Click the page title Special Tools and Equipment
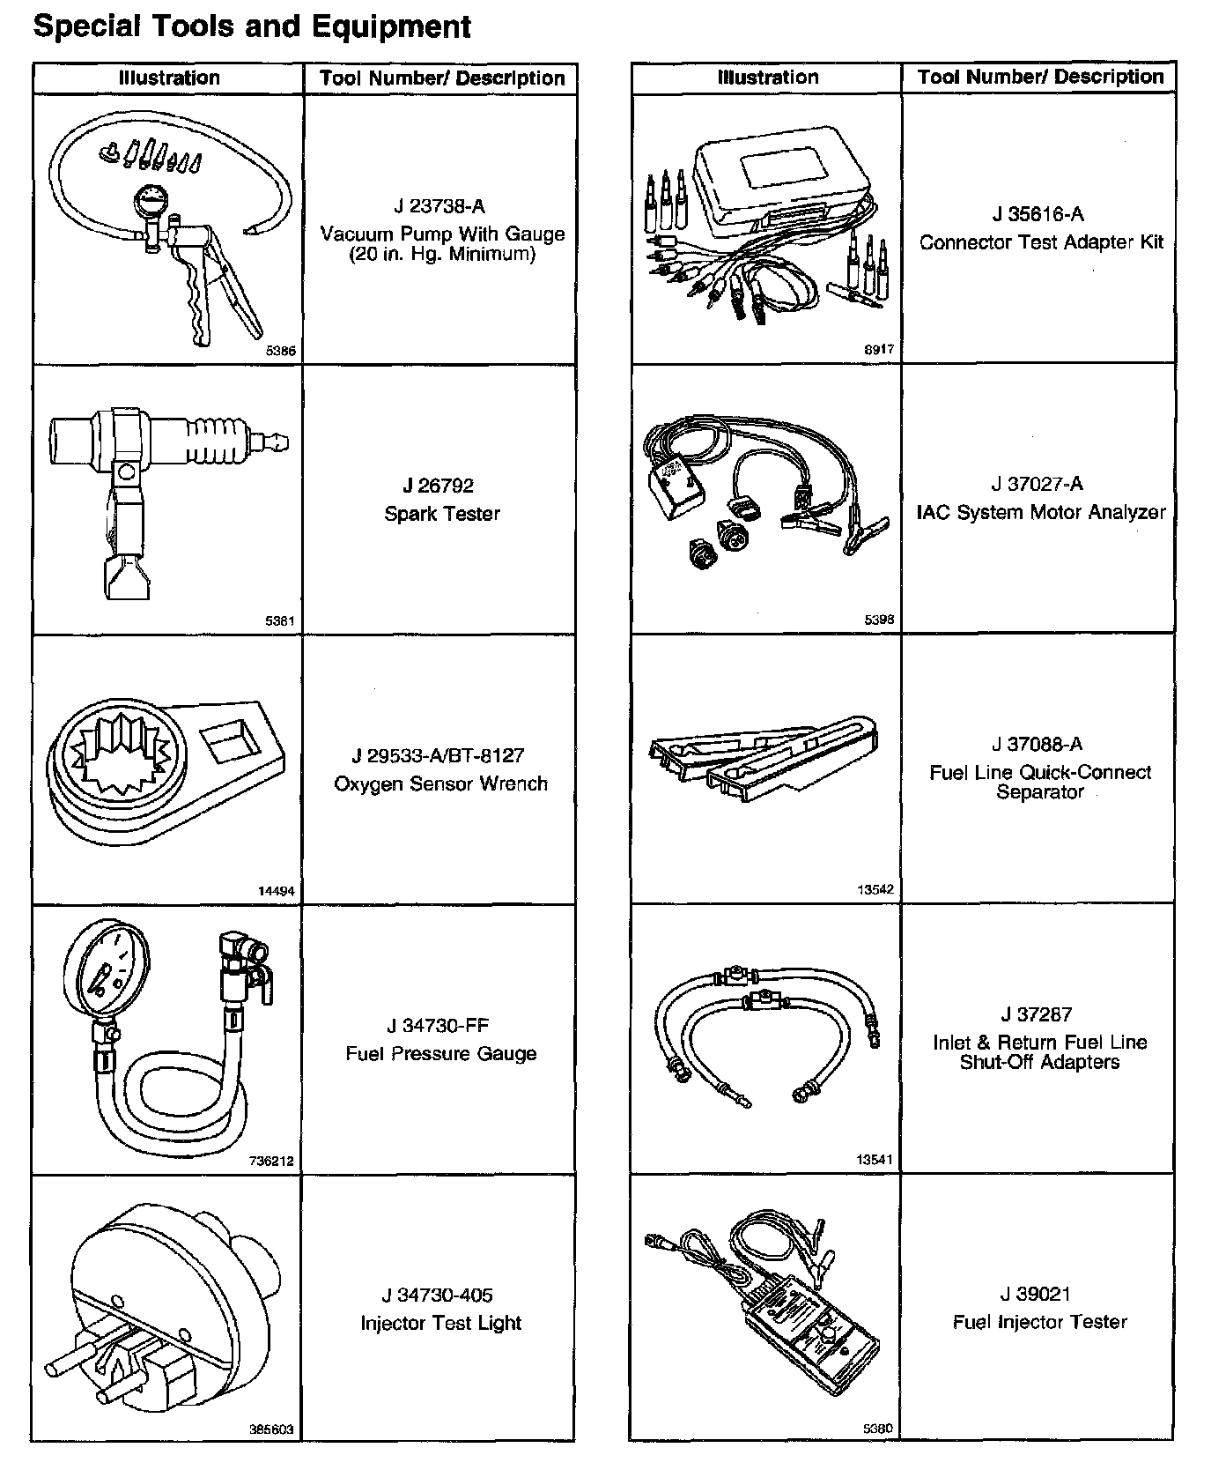(251, 26)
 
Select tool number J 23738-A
(439, 206)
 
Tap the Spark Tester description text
(441, 514)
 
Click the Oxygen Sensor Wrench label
(440, 783)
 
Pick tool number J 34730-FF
(438, 1026)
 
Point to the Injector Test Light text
(440, 1323)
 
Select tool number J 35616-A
(1038, 214)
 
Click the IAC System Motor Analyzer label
(1040, 512)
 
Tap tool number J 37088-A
(1038, 744)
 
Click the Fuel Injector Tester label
(1039, 1322)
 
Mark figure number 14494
(276, 891)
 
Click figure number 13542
(875, 889)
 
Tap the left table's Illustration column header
(169, 78)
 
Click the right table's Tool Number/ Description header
(1040, 77)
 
